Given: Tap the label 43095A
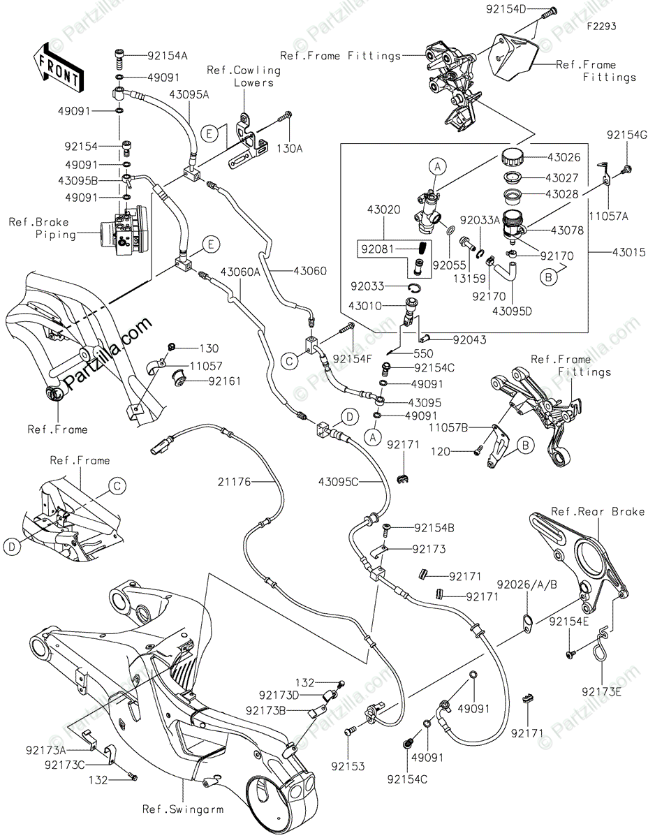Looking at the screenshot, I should click(189, 96).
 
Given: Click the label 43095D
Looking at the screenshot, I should click(513, 311).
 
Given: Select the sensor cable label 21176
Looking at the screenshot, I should click(234, 481).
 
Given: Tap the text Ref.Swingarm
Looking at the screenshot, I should click(183, 809).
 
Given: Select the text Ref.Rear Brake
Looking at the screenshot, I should click(597, 512).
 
